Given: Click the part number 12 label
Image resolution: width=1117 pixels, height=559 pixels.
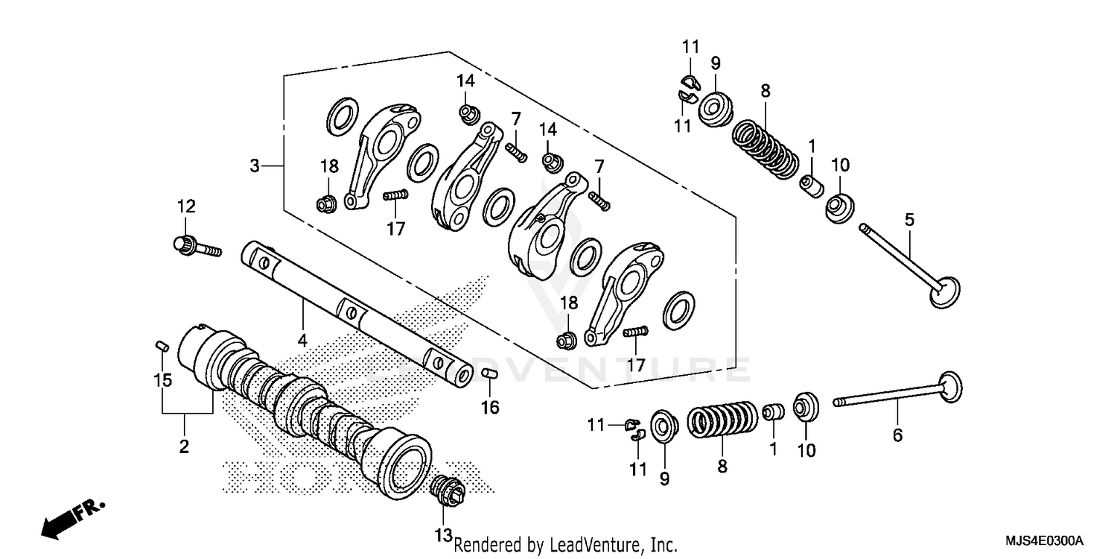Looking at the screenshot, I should pos(185,205).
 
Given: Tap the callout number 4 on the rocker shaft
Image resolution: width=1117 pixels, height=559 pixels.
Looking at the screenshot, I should pos(302,340).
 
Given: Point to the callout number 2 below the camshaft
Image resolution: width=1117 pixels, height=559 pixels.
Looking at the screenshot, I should pos(184,446).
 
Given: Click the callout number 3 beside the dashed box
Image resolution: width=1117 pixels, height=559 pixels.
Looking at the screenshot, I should pos(255,165).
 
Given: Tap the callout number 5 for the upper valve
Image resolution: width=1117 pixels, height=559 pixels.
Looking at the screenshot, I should pos(909,220).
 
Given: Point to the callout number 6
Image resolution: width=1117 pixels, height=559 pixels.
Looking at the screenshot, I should pos(897,435).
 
